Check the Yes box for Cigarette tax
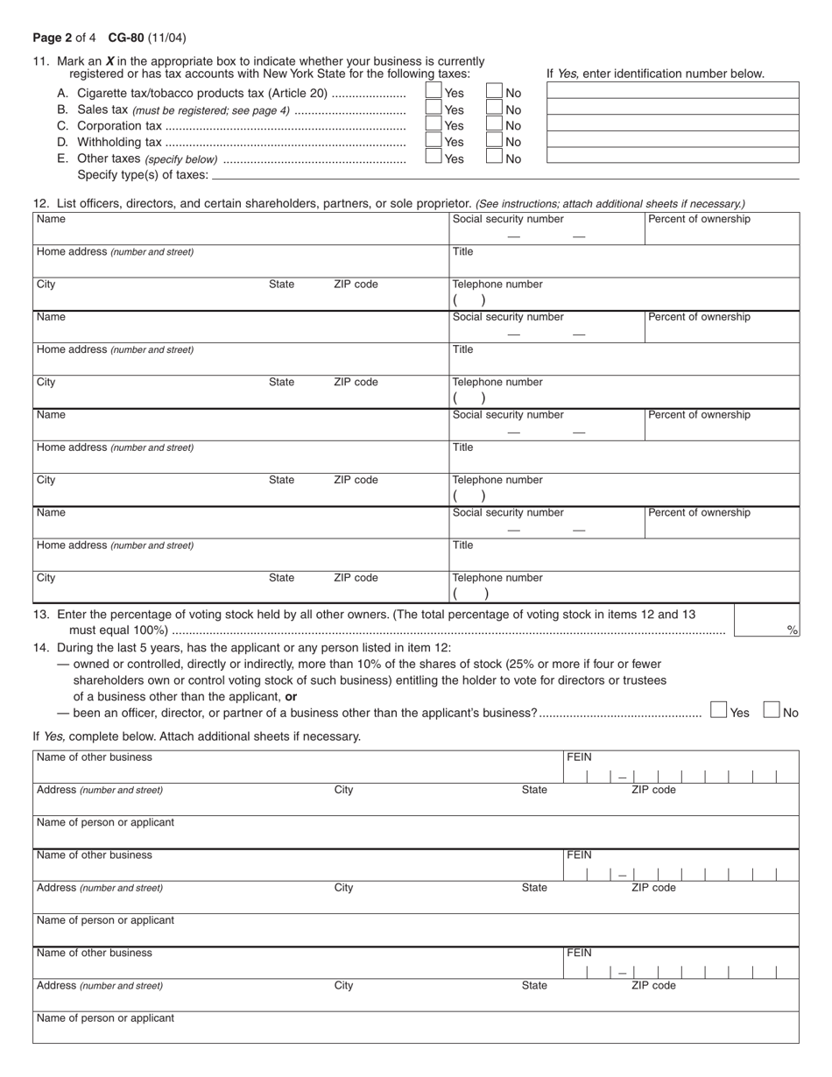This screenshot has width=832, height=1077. click(x=434, y=92)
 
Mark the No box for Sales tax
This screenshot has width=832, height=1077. click(x=495, y=109)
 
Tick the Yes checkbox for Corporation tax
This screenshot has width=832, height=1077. click(x=434, y=124)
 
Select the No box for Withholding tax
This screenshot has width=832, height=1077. click(x=495, y=141)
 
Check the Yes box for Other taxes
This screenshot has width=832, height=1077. click(x=434, y=158)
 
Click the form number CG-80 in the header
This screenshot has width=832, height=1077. click(x=127, y=38)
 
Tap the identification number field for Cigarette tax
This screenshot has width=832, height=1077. click(x=673, y=91)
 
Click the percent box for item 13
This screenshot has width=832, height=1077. click(x=766, y=621)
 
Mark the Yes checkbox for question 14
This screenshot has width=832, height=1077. click(x=719, y=710)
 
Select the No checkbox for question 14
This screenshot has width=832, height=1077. click(x=772, y=710)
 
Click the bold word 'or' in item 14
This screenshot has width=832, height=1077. click(x=291, y=697)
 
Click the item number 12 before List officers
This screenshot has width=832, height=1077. click(x=40, y=203)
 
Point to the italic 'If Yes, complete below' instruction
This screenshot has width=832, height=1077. click(x=196, y=736)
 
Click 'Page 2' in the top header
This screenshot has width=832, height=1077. click(x=53, y=38)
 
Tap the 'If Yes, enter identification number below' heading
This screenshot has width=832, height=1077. click(x=655, y=74)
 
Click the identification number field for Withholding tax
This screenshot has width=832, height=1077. click(x=673, y=140)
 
